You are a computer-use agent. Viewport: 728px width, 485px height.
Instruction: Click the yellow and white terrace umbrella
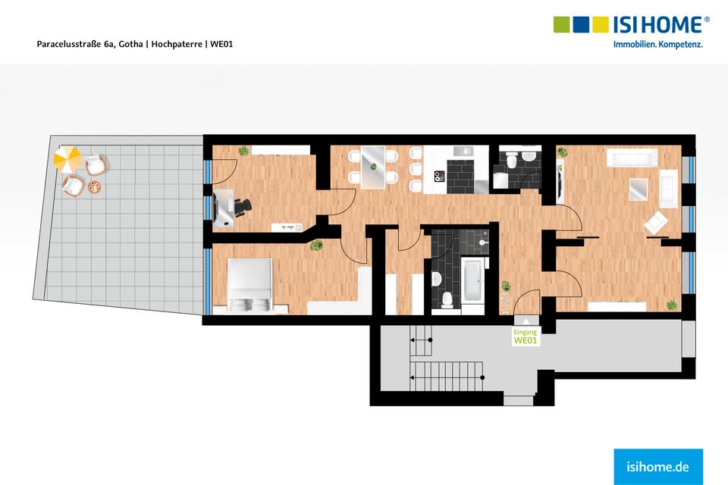tap(67, 158)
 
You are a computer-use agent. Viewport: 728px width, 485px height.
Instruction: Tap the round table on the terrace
tap(94, 186)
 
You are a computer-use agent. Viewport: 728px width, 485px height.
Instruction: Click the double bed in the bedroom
tap(249, 283)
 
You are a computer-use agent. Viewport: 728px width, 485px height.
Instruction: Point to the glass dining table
tap(374, 166)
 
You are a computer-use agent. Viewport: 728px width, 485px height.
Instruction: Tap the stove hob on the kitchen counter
tap(438, 176)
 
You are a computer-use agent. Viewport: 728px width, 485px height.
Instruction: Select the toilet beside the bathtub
tap(447, 299)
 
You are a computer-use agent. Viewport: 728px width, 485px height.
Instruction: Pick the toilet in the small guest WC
tap(512, 160)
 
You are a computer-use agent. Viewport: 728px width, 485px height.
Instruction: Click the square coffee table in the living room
tap(639, 188)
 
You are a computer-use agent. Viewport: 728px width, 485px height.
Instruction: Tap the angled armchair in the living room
tap(656, 222)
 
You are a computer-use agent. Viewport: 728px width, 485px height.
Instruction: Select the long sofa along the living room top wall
tap(631, 158)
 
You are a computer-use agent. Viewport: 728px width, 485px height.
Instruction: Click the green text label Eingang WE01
tap(526, 337)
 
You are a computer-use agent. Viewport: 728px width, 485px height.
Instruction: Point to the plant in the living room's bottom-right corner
tap(671, 305)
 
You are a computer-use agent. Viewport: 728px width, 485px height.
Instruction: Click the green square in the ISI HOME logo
tap(562, 24)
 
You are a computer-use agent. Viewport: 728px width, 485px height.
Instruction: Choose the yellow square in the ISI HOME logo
tap(601, 24)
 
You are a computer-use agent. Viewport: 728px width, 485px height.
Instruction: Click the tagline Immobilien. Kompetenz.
tap(657, 45)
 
